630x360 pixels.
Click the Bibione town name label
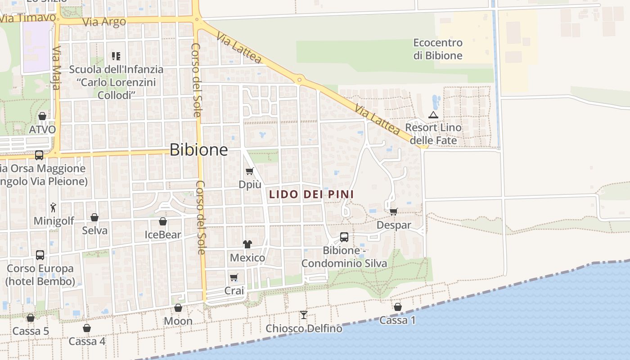[198, 150]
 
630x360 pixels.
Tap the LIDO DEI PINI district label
[311, 194]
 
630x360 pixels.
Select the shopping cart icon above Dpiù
[249, 171]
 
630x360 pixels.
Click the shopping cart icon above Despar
[393, 211]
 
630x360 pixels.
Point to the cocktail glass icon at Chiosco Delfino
[304, 315]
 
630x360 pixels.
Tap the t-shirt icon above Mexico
[247, 244]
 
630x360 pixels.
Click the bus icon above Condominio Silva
[344, 237]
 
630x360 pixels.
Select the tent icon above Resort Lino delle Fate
[433, 115]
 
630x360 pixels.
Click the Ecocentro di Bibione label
[438, 49]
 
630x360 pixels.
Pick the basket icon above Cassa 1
[398, 307]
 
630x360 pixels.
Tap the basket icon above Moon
[178, 308]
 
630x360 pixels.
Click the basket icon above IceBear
[163, 221]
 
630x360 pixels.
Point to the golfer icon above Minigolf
[53, 207]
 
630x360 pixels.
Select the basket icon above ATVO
[42, 116]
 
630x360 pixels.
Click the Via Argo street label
[104, 22]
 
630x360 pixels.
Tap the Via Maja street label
[56, 67]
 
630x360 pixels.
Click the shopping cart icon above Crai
[234, 277]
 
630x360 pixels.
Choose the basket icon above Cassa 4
[87, 328]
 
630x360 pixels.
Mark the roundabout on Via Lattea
[299, 80]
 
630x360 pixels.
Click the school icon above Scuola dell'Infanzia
[116, 56]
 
